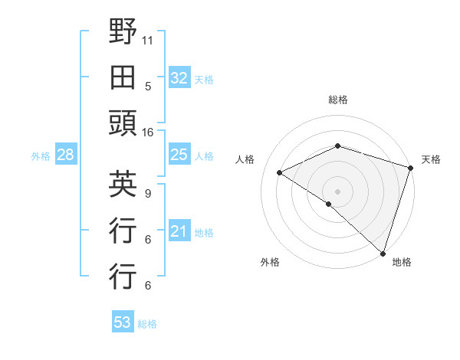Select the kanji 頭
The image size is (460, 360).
(123, 124)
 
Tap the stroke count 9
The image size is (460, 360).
(148, 192)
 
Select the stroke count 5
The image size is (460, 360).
(148, 86)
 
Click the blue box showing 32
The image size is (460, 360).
(179, 77)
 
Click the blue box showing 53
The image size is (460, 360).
(123, 322)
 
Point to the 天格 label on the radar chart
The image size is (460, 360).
(431, 159)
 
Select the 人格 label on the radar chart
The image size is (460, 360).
(245, 159)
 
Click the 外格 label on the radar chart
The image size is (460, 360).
(270, 262)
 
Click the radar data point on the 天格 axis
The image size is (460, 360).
(410, 167)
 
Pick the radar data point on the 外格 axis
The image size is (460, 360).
(329, 204)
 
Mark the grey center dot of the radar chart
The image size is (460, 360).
(337, 190)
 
